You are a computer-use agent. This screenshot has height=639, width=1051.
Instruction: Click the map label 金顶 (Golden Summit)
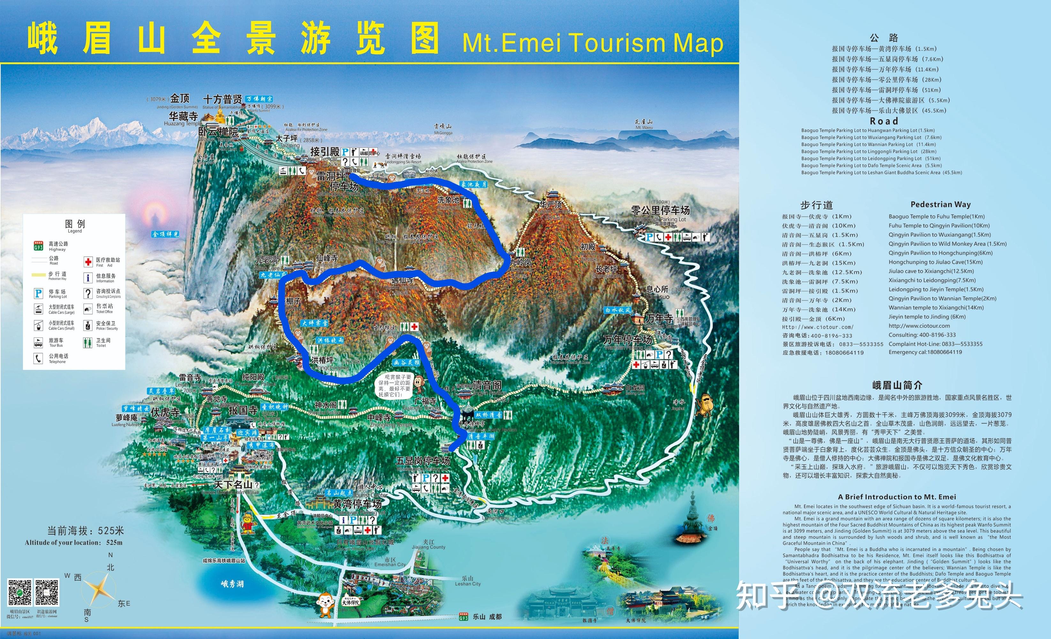click(179, 99)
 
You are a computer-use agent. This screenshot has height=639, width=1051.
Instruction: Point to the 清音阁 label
click(487, 385)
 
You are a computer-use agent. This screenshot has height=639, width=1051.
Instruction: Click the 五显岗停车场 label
click(422, 461)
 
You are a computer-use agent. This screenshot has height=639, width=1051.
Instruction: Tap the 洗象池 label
click(448, 200)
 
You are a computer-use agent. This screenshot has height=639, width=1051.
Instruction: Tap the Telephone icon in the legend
click(38, 358)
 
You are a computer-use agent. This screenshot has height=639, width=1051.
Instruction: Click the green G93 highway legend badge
click(38, 246)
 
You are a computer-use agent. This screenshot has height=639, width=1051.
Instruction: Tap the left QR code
click(19, 592)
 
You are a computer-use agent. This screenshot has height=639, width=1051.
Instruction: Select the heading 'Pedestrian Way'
click(940, 204)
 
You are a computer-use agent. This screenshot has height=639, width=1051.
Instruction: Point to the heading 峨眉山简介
click(897, 385)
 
